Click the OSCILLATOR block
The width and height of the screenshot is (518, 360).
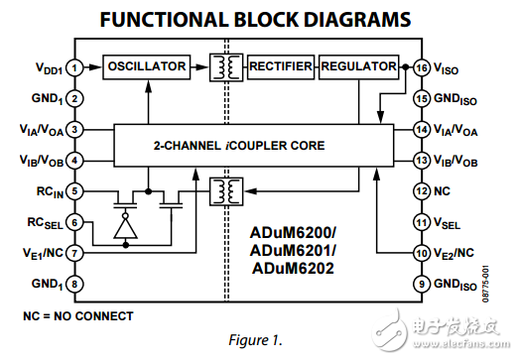[x=148, y=66]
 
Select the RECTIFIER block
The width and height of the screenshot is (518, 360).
[x=281, y=66]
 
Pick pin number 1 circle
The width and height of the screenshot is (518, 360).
[x=75, y=68]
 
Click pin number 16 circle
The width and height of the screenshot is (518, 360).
[x=422, y=68]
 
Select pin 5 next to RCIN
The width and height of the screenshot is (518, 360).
[x=75, y=191]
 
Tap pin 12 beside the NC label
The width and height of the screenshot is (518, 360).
[x=422, y=191]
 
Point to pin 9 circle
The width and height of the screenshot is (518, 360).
[x=422, y=285]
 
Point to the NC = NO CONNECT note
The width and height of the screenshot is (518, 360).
[x=77, y=315]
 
